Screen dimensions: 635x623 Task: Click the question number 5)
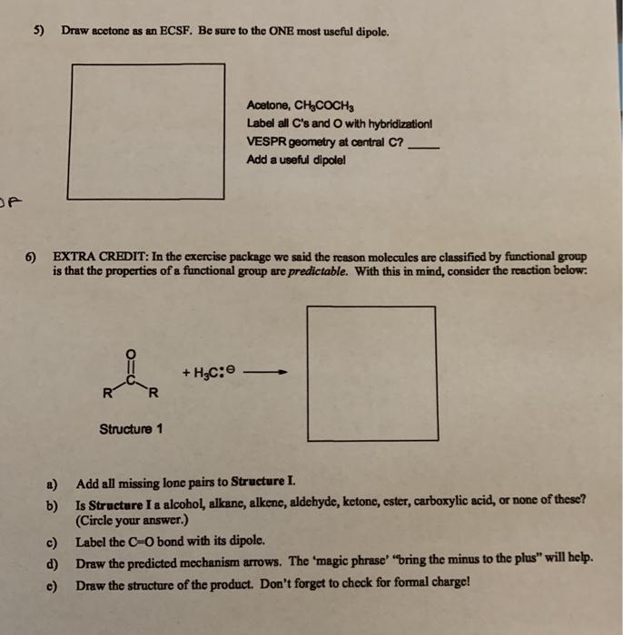(38, 31)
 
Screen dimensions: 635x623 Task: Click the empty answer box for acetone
(145, 131)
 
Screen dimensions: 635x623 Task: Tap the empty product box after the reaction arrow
(370, 374)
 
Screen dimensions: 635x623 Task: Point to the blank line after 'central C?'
(424, 142)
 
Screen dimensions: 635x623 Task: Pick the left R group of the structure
(107, 393)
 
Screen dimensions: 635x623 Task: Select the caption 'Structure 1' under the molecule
(131, 429)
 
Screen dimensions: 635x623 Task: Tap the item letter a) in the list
(51, 482)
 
